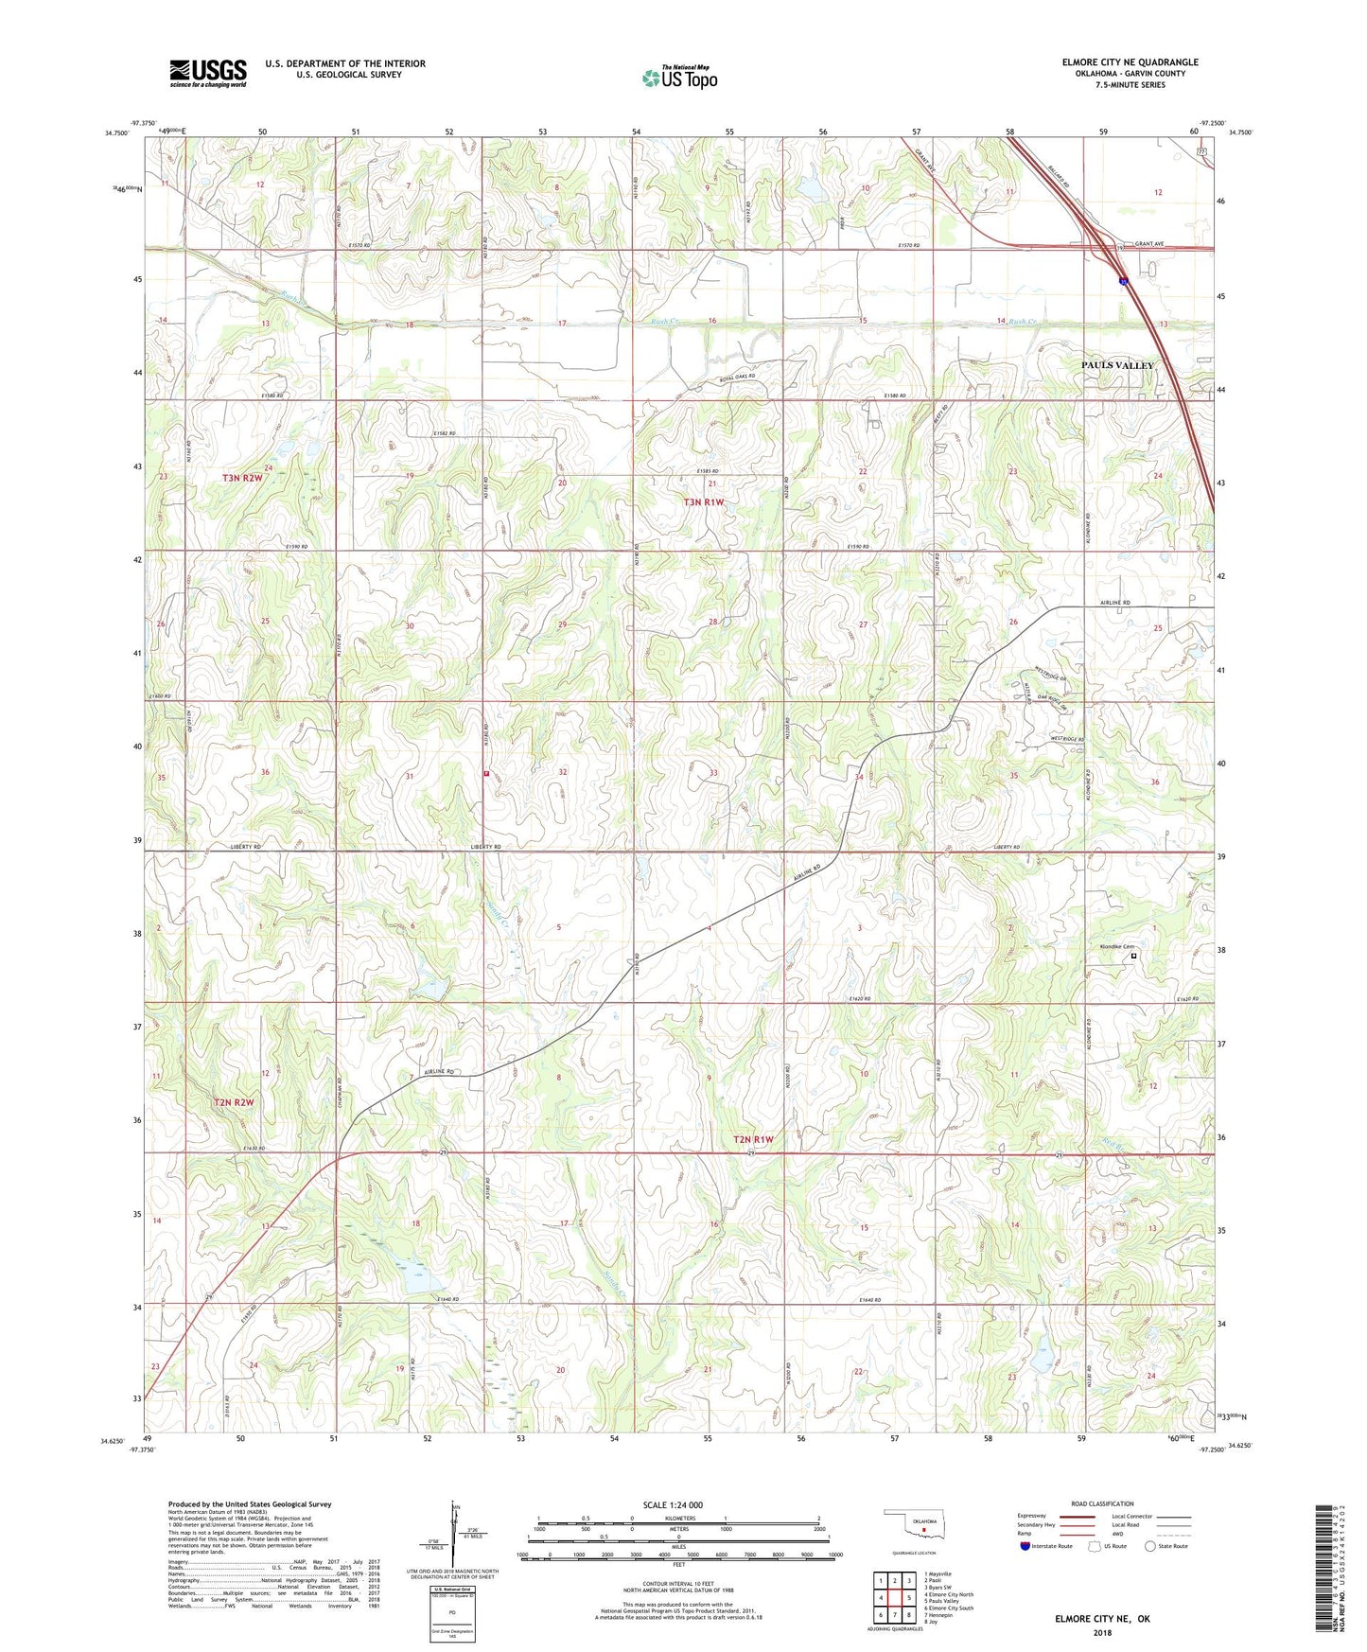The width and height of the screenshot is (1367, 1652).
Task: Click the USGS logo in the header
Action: pyautogui.click(x=207, y=73)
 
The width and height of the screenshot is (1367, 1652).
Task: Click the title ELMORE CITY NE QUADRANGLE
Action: pyautogui.click(x=1130, y=62)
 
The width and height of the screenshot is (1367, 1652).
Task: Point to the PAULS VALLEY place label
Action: pyautogui.click(x=1117, y=365)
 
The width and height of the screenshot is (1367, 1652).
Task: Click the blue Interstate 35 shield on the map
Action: pyautogui.click(x=1123, y=280)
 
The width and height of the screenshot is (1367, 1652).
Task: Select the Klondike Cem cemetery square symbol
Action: pyautogui.click(x=1134, y=957)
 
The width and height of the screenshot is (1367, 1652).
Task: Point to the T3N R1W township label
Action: pyautogui.click(x=703, y=502)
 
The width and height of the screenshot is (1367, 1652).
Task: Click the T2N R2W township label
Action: pyautogui.click(x=234, y=1102)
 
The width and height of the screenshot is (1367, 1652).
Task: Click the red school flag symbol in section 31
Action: pyautogui.click(x=486, y=774)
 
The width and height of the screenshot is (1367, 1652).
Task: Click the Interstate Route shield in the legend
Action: pyautogui.click(x=1025, y=1546)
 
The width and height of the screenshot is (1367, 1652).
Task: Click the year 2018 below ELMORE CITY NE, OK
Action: pyautogui.click(x=1102, y=1633)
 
